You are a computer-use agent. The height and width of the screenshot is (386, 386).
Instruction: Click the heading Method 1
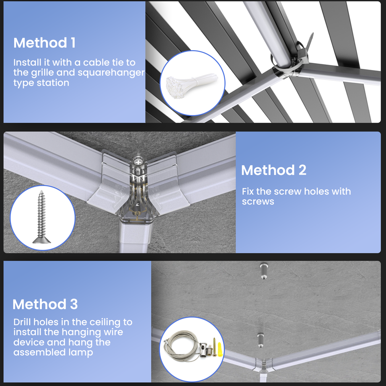coord(44,43)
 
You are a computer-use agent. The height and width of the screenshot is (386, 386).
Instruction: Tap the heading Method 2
coord(273,170)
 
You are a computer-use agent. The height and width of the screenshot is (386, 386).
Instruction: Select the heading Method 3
coord(45,304)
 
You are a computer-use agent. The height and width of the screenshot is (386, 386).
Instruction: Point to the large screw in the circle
coord(41,217)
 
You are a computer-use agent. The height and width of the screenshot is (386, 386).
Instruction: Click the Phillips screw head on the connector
coord(138,162)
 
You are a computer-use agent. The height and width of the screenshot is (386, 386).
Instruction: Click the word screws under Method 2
coord(258,201)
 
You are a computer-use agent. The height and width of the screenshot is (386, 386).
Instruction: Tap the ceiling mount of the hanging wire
coord(263,271)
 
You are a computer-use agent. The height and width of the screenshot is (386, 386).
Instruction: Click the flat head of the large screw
coord(41,240)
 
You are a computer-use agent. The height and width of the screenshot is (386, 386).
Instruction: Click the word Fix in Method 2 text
coord(248,191)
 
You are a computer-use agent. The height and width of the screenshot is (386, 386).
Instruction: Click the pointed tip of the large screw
coord(41,191)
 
